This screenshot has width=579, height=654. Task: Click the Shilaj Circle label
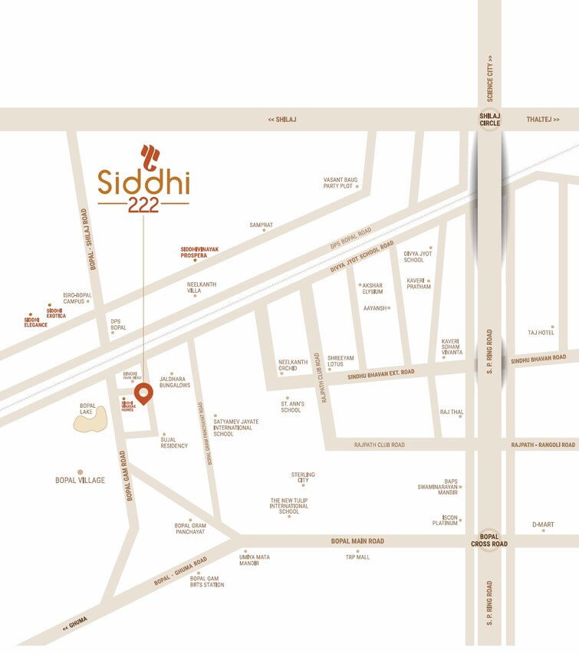489,119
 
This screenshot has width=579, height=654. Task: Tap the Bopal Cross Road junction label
489,540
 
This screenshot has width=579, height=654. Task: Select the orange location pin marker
143,393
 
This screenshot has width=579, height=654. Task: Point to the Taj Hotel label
541,332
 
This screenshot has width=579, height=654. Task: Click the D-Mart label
543,524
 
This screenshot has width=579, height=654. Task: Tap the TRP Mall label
357,557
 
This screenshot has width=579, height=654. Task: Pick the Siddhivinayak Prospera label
194,252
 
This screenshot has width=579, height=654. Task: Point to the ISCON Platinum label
445,520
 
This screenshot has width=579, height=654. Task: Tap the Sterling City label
303,477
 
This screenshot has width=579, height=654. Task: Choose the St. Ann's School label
291,406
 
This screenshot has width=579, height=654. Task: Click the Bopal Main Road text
357,541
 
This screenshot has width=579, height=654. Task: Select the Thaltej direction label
543,120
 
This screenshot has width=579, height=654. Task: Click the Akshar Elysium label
372,288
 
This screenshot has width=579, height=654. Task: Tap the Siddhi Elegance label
35,322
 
